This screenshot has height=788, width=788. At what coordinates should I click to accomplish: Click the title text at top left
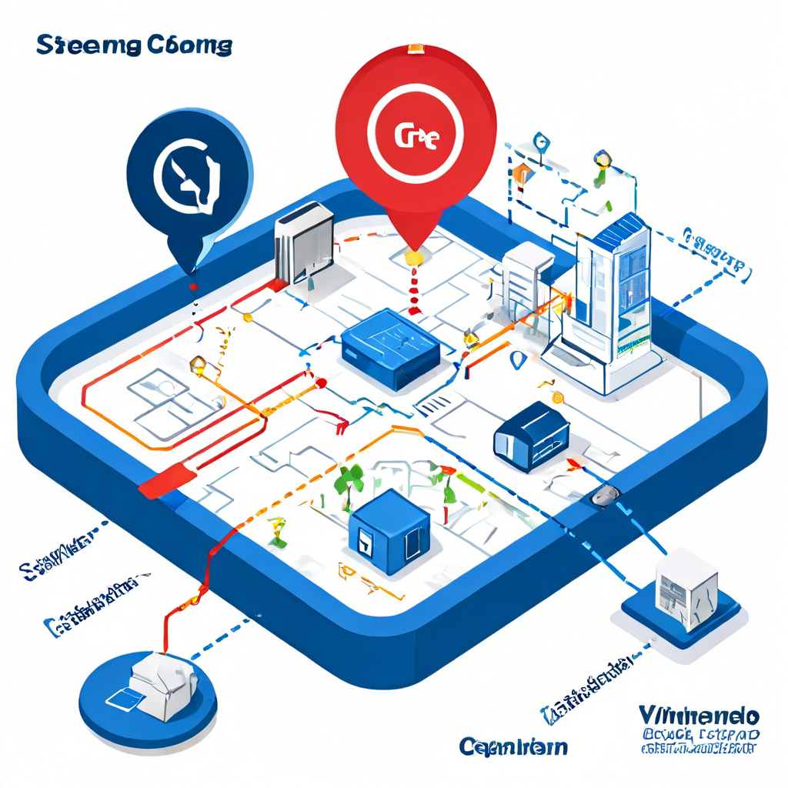(x=134, y=45)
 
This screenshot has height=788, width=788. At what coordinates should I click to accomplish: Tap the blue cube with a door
(x=388, y=532)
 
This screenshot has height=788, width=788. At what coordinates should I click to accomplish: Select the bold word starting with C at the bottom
(x=513, y=746)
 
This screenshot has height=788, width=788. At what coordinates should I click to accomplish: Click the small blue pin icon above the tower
(x=540, y=143)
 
